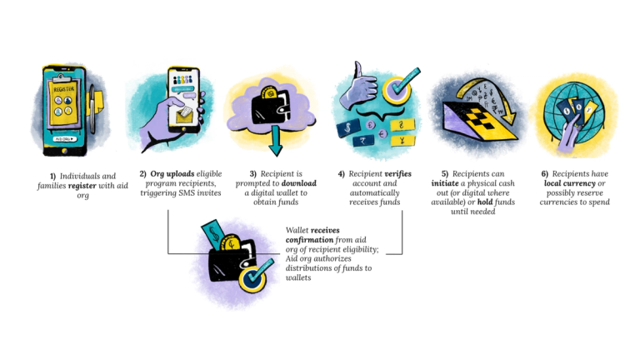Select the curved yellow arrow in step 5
[472, 88]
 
